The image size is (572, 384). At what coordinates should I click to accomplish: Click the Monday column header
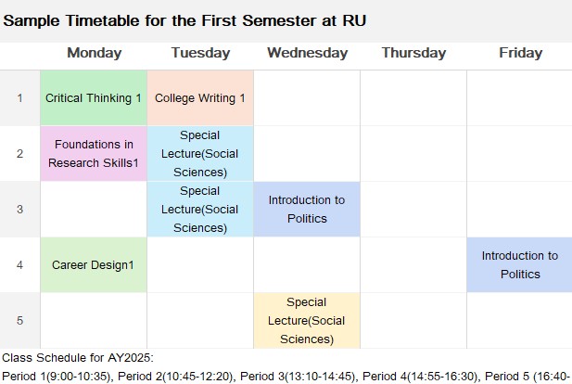pyautogui.click(x=95, y=53)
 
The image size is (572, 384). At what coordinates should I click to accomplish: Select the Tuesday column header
pyautogui.click(x=200, y=53)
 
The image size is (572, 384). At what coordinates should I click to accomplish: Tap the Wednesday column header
pyautogui.click(x=307, y=53)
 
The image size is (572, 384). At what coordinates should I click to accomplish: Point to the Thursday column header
pyautogui.click(x=413, y=53)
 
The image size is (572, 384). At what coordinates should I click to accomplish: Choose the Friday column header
pyautogui.click(x=521, y=53)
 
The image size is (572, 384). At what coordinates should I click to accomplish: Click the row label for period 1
pyautogui.click(x=19, y=97)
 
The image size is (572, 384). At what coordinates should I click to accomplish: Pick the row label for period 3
pyautogui.click(x=19, y=209)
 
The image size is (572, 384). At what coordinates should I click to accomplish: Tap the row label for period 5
pyautogui.click(x=19, y=321)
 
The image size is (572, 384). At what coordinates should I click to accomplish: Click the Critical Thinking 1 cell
pyautogui.click(x=94, y=97)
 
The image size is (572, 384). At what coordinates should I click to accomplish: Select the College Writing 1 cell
pyautogui.click(x=200, y=97)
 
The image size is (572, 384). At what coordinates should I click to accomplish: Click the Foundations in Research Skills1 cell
pyautogui.click(x=94, y=153)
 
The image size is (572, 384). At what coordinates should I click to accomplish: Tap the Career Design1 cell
pyautogui.click(x=94, y=264)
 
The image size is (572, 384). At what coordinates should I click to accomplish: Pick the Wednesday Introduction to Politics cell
pyautogui.click(x=307, y=209)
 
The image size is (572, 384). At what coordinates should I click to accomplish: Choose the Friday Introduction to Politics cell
pyautogui.click(x=519, y=264)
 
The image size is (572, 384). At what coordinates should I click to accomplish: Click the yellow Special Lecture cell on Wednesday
pyautogui.click(x=307, y=321)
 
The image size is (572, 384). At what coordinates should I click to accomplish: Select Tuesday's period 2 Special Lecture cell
pyautogui.click(x=200, y=153)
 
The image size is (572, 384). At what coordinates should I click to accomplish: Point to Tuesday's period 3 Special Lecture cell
pyautogui.click(x=200, y=209)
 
